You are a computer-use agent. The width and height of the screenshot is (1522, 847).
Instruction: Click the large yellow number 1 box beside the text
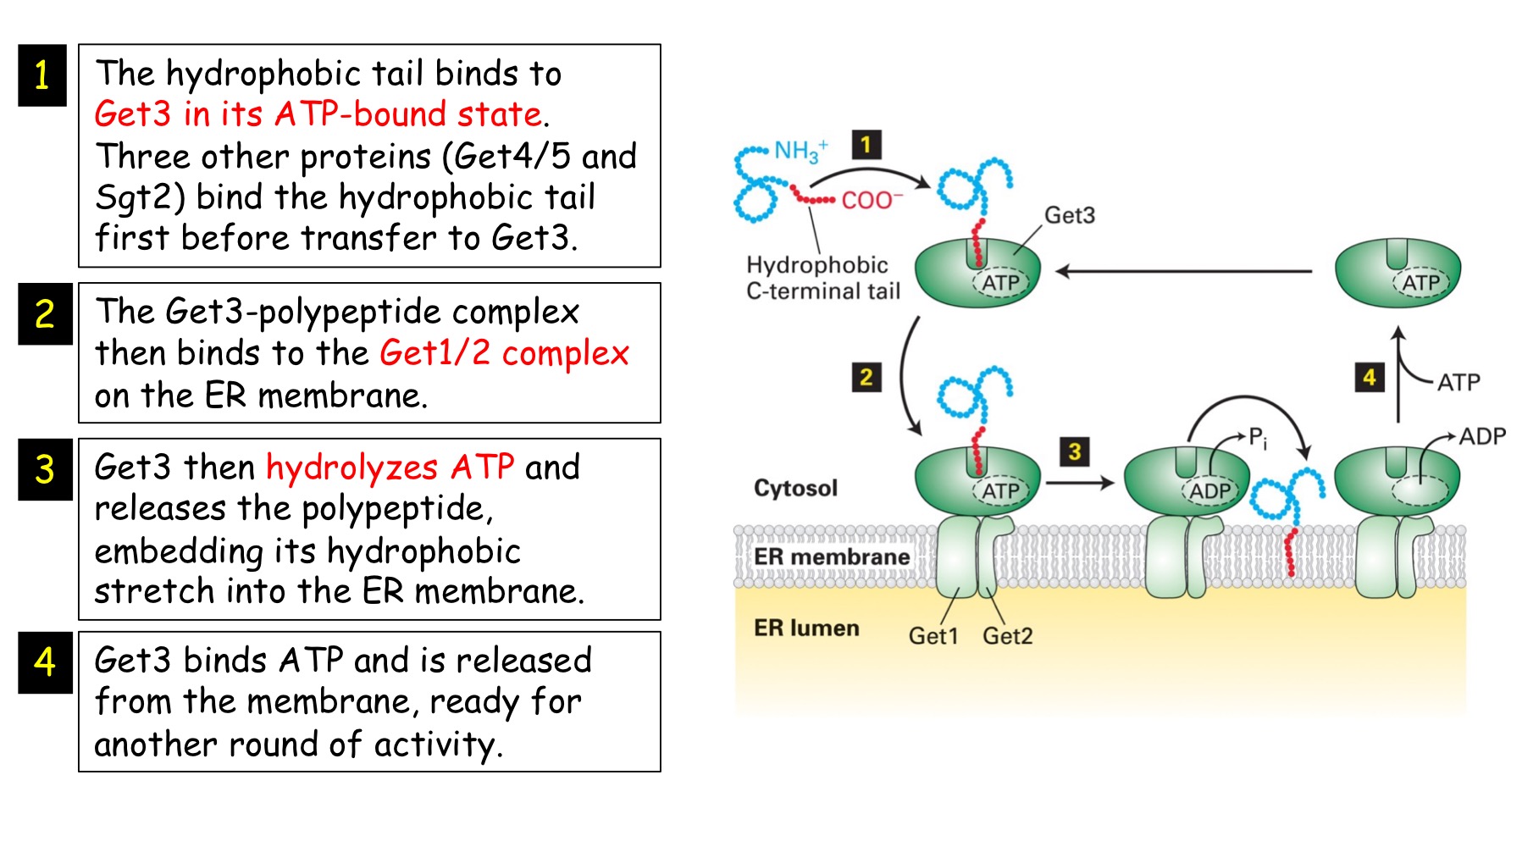click(x=42, y=75)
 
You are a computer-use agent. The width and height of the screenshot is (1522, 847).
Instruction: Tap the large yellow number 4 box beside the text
click(x=45, y=662)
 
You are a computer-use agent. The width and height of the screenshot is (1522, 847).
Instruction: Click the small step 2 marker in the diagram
click(x=866, y=377)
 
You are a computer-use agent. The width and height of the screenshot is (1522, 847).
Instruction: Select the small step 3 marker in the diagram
click(x=1074, y=451)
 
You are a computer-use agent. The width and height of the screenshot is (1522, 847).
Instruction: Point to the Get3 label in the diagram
click(x=1069, y=215)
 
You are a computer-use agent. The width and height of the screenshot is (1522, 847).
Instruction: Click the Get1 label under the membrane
click(x=933, y=635)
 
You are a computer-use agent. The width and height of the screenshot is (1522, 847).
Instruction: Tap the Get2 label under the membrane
click(x=1007, y=635)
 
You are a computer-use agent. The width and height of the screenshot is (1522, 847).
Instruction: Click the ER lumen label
click(x=806, y=628)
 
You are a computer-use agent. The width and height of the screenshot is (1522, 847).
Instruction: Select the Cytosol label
click(x=795, y=488)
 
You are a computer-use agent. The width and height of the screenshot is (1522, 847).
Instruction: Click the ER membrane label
click(x=831, y=556)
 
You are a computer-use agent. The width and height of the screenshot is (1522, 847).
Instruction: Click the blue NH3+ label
click(x=800, y=151)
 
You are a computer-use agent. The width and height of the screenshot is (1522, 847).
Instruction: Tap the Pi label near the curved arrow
click(x=1258, y=438)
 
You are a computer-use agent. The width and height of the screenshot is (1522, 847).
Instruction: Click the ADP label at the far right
click(x=1482, y=436)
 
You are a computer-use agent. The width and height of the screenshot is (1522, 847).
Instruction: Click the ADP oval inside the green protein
click(x=1209, y=491)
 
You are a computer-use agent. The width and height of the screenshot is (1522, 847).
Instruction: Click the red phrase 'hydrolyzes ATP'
click(x=390, y=467)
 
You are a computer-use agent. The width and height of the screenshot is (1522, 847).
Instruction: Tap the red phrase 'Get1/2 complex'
click(x=504, y=352)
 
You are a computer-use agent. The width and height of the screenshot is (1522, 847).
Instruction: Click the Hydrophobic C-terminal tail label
click(x=822, y=278)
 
